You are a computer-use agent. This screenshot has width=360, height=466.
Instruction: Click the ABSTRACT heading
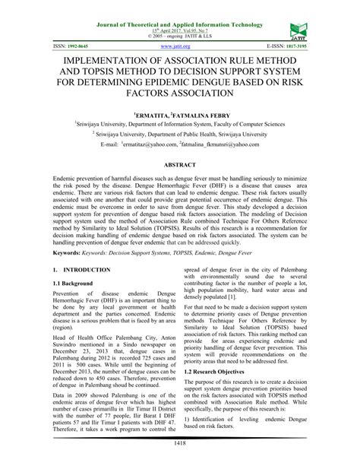179,163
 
